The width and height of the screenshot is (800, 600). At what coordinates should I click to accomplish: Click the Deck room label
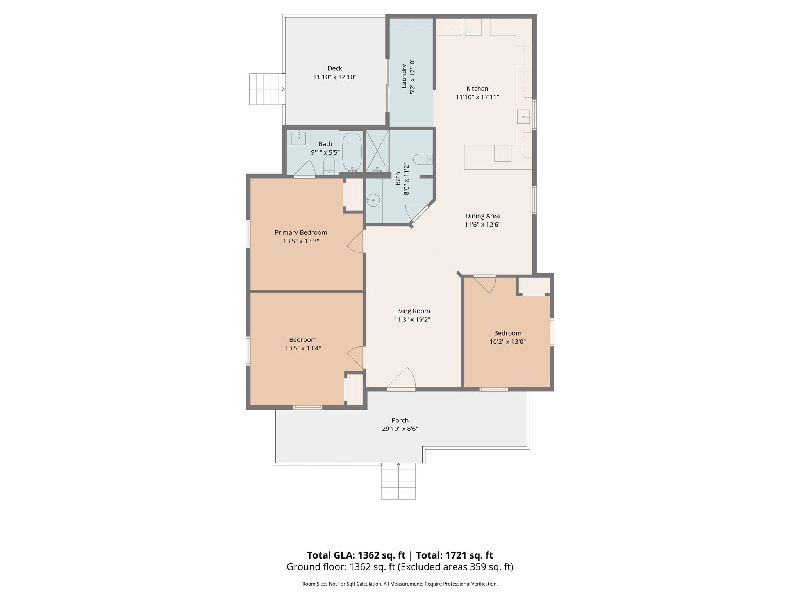click(335, 68)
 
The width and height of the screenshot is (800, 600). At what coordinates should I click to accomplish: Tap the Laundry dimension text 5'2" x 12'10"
click(412, 77)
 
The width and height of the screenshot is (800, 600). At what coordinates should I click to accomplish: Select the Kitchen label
click(477, 89)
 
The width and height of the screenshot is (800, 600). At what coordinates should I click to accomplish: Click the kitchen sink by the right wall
click(523, 117)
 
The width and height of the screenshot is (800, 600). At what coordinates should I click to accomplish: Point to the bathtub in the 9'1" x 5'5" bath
click(352, 152)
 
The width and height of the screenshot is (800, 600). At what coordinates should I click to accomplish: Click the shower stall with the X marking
click(377, 150)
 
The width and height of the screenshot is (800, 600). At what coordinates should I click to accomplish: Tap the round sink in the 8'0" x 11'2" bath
click(373, 200)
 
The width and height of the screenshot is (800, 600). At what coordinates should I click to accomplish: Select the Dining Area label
click(482, 216)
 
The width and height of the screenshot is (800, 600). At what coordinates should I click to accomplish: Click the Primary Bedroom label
click(301, 232)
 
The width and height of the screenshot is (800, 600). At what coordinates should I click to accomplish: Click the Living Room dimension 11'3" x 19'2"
click(412, 320)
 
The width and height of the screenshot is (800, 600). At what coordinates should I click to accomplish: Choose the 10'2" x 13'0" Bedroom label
click(507, 333)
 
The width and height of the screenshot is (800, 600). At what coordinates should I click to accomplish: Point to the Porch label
click(400, 420)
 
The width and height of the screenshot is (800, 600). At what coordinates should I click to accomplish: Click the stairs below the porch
click(398, 481)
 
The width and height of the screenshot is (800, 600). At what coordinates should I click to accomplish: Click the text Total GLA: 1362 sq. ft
click(356, 555)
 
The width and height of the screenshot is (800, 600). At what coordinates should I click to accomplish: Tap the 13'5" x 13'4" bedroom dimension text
click(303, 348)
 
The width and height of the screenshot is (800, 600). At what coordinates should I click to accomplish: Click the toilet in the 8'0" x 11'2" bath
click(423, 159)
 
